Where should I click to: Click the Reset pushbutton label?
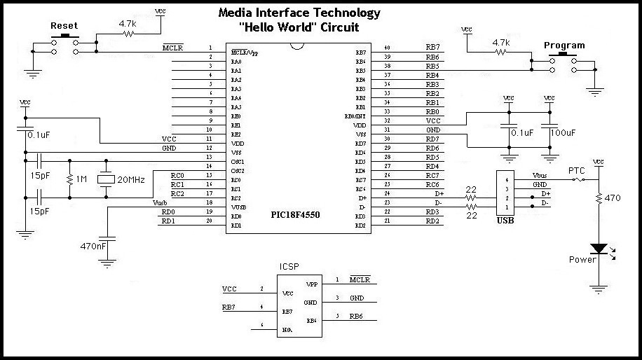click(64, 26)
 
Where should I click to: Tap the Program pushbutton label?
click(564, 46)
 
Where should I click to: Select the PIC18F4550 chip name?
click(295, 215)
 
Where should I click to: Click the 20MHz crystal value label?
click(130, 180)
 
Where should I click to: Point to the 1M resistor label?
click(81, 180)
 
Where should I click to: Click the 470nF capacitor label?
click(93, 246)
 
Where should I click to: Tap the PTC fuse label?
click(576, 170)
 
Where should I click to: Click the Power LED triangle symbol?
click(598, 249)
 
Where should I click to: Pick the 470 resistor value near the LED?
click(613, 198)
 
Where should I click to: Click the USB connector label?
click(505, 221)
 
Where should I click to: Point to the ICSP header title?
click(289, 267)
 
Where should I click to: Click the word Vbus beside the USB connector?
click(540, 175)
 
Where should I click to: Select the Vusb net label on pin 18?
click(160, 202)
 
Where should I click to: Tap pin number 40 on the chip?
click(386, 48)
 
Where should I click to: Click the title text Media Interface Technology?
click(299, 13)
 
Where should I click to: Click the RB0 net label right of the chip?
click(432, 111)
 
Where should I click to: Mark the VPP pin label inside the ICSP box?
click(313, 285)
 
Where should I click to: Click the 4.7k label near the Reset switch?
click(127, 23)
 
